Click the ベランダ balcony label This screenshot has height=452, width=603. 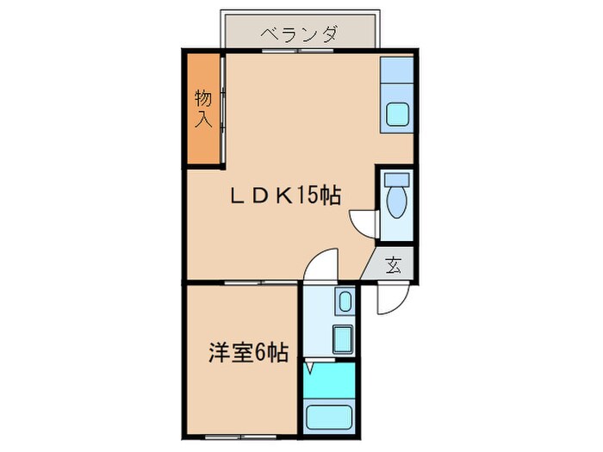pyautogui.click(x=299, y=35)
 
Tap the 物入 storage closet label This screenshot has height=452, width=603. pyautogui.click(x=202, y=108)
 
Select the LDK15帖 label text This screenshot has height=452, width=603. pyautogui.click(x=283, y=196)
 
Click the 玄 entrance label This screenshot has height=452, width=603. pyautogui.click(x=393, y=264)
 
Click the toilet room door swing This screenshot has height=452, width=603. pyautogui.click(x=364, y=224)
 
